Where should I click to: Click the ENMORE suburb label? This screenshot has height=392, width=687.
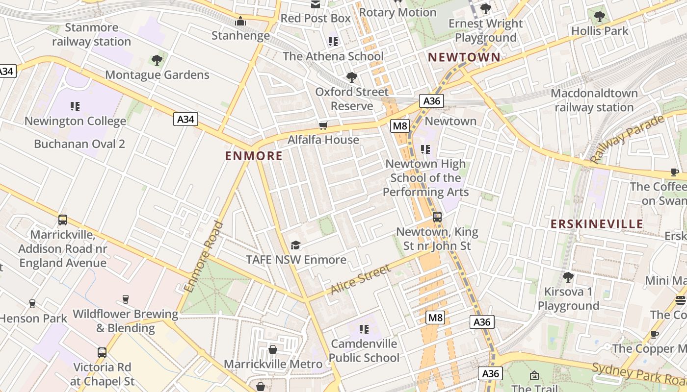[254, 156]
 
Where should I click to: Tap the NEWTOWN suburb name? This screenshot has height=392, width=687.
[464, 57]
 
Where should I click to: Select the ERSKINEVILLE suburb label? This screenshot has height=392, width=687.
[597, 224]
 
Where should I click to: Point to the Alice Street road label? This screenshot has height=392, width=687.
[361, 279]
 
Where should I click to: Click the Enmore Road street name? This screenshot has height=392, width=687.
[204, 258]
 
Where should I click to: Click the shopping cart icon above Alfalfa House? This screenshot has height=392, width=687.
[323, 126]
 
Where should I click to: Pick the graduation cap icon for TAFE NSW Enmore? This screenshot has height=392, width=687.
[295, 245]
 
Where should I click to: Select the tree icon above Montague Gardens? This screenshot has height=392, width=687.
[157, 60]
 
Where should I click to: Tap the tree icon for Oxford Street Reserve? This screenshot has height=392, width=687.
[351, 77]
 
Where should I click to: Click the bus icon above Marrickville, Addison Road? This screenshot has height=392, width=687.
[62, 220]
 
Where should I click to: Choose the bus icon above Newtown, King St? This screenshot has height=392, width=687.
[437, 217]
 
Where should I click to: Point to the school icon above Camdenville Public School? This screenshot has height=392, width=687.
[364, 329]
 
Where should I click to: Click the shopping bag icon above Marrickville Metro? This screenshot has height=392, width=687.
[273, 349]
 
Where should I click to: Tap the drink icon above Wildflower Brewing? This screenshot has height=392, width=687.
[126, 299]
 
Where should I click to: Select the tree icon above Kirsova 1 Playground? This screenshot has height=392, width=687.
[568, 277]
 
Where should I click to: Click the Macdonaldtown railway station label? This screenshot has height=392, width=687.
[594, 100]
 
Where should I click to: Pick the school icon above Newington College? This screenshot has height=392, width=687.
[75, 106]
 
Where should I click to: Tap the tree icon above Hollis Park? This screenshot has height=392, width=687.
[599, 16]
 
